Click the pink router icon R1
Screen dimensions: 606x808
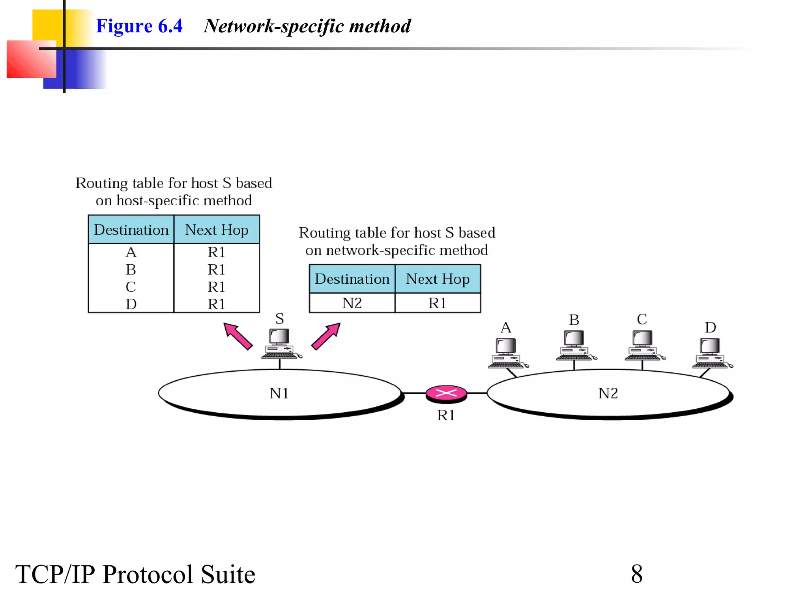coord(446,394)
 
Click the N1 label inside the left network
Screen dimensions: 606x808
coord(279,393)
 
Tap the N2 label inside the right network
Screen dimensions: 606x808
coord(608,393)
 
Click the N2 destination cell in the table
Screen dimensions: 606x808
coord(352,303)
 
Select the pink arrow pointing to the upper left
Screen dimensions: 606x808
coord(238,336)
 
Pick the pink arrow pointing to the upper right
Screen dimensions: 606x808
coord(326,336)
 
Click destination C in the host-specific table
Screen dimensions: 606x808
coord(131,287)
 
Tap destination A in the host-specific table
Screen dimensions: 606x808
coord(131,252)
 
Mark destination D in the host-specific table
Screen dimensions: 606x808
coord(131,304)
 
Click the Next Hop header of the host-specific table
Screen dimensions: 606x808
coord(217,230)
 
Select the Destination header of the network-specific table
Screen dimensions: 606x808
coord(352,279)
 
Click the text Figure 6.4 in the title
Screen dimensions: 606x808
coord(139,26)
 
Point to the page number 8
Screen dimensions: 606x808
coord(636,574)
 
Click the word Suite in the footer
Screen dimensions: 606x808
coord(228,574)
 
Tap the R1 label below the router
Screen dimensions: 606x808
coord(446,415)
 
